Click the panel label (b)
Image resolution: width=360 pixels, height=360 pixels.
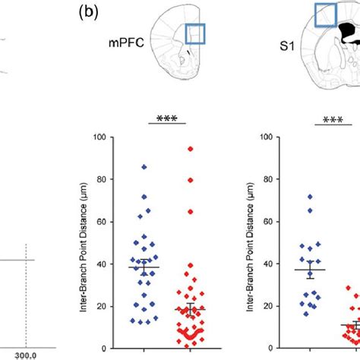(x=90, y=13)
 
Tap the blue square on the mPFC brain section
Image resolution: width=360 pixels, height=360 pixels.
(x=195, y=36)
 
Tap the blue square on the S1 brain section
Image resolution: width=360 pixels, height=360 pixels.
(x=327, y=15)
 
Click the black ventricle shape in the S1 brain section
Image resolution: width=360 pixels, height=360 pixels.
(x=351, y=32)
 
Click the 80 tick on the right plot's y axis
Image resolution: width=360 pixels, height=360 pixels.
(x=267, y=179)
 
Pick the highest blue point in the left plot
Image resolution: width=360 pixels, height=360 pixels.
(x=144, y=166)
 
